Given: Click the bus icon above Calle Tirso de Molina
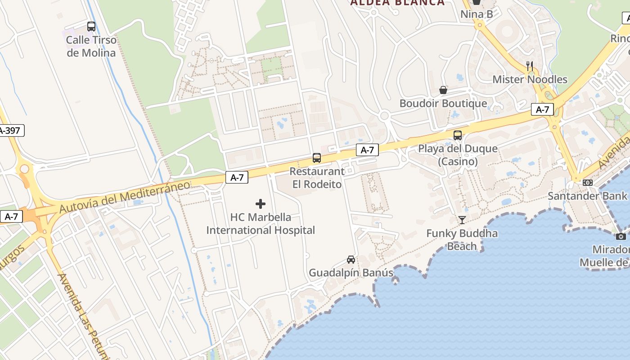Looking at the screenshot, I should (91, 27).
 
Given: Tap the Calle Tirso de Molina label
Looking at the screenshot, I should (91, 46).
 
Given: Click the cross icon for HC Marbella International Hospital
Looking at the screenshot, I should (261, 204).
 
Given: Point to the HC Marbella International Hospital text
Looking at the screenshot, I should (261, 224).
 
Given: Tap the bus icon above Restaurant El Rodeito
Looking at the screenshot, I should (317, 158).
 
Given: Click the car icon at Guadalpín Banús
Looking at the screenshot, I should (351, 260).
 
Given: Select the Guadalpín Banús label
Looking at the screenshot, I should (351, 273).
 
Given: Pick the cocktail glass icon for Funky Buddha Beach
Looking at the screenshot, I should (462, 220).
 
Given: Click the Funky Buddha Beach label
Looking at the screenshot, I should (462, 239).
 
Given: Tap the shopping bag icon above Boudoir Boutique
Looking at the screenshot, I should (443, 90).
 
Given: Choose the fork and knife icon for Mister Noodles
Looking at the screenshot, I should (530, 66).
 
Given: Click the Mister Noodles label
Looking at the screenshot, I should (530, 80).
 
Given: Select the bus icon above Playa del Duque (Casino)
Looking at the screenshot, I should (458, 135).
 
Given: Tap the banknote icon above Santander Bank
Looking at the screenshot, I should (587, 183).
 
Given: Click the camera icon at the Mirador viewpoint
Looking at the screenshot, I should (621, 236).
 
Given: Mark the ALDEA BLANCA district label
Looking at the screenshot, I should (397, 3).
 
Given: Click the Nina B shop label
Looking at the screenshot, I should (477, 14).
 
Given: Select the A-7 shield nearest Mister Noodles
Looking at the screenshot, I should (542, 109).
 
